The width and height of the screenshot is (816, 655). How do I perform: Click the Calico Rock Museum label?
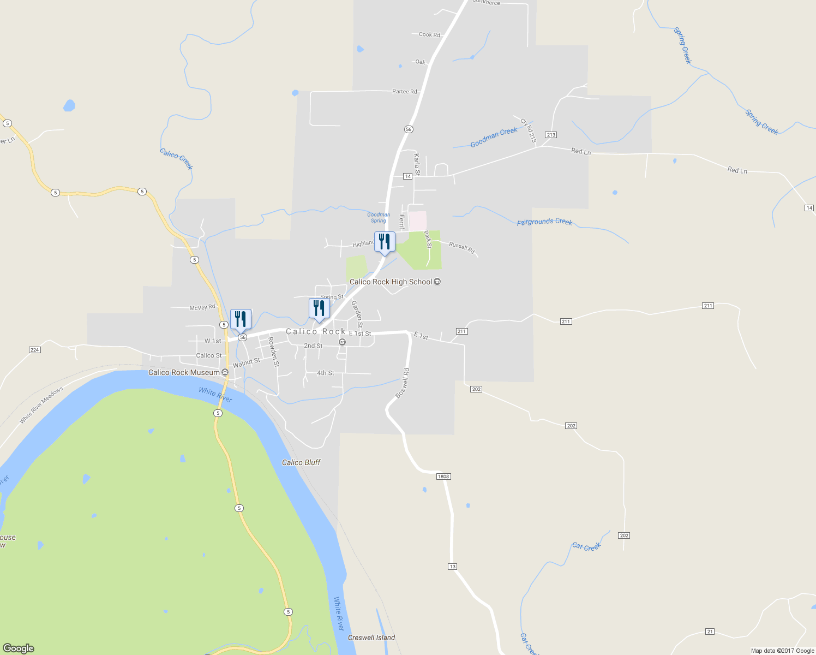(x=184, y=372)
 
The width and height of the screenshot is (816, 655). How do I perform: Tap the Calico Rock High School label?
(x=391, y=282)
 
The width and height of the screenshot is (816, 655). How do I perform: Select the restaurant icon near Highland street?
(x=385, y=242)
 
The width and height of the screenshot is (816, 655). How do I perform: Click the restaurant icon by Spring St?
(x=319, y=308)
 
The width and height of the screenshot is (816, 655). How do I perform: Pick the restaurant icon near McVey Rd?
(x=241, y=319)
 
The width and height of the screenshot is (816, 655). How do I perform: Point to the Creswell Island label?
(x=371, y=638)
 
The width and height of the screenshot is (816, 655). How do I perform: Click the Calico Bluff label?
(x=301, y=462)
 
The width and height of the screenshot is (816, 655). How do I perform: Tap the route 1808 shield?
(x=443, y=477)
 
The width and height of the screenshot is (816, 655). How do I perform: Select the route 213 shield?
(x=550, y=135)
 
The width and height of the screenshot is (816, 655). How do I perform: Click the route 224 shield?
(x=35, y=349)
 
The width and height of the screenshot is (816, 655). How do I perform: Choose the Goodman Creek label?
(x=494, y=138)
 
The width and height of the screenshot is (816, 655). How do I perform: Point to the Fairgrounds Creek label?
(x=544, y=222)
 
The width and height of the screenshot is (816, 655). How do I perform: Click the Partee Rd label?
(x=405, y=92)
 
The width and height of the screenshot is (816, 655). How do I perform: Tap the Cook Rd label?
(x=429, y=34)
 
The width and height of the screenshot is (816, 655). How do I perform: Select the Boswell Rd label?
(x=403, y=383)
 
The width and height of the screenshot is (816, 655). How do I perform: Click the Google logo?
(x=19, y=648)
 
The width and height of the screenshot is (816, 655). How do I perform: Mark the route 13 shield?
(x=452, y=567)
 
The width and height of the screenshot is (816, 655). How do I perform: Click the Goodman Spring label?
(x=379, y=218)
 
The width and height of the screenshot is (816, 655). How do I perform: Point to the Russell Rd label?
(x=462, y=247)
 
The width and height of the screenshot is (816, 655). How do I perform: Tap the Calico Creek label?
(x=176, y=158)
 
